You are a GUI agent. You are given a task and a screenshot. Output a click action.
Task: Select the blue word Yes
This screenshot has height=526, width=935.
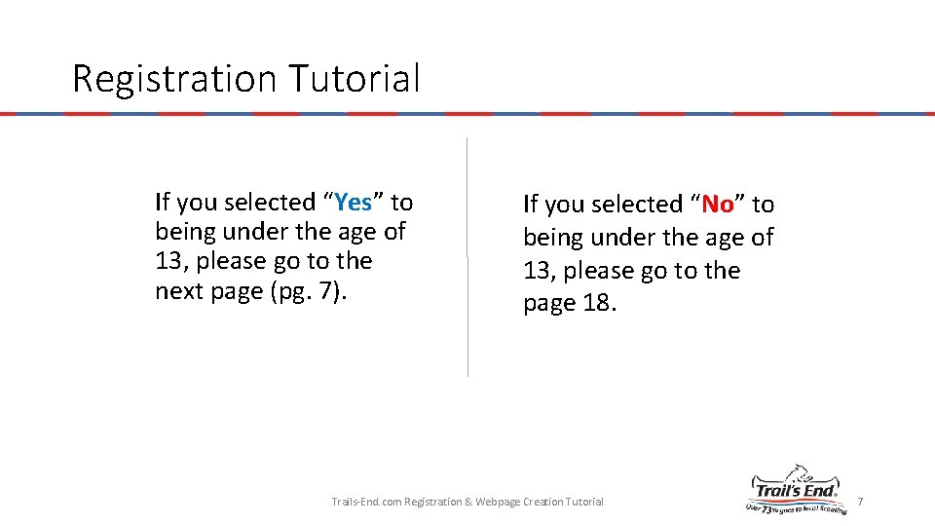pos(353,203)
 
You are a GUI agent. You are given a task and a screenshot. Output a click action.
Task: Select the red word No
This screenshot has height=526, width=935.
pos(718,205)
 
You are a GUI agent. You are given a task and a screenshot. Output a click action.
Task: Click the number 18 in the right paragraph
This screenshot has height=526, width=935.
pos(597,304)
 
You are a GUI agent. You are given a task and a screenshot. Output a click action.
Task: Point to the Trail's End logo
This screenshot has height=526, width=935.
pos(797,489)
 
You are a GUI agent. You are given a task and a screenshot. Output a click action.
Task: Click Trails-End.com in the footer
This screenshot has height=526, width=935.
pos(366,502)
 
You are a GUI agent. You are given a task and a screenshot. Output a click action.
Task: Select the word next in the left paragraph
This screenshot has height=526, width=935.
pos(179,290)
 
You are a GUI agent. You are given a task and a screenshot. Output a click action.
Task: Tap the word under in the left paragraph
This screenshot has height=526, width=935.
pos(256,232)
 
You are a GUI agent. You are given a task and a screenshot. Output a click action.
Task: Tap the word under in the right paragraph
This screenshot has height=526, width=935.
pos(629,238)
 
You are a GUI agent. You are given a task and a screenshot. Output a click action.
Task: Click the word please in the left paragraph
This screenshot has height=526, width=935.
pos(233,261)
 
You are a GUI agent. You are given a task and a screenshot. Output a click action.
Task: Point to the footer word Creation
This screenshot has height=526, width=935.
pos(551,502)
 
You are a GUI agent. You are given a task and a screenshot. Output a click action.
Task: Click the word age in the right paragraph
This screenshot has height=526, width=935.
pos(727,238)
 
